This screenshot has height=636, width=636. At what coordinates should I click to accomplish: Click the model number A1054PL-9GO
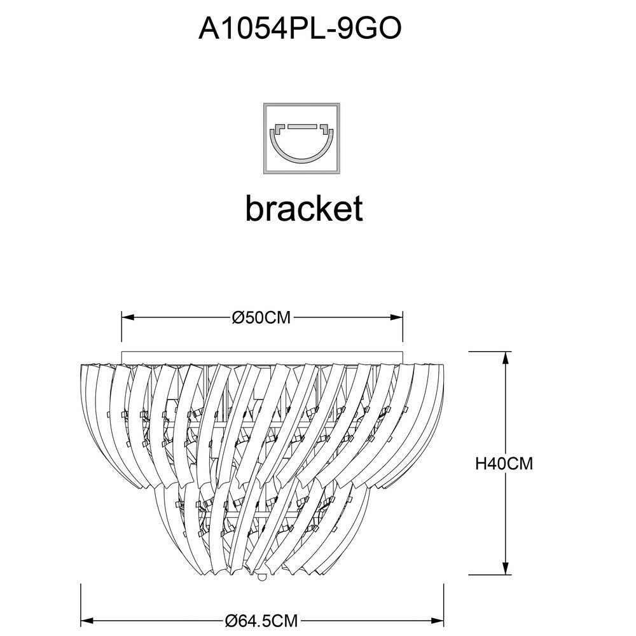point(300,29)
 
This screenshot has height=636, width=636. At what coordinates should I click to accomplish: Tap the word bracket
point(304,208)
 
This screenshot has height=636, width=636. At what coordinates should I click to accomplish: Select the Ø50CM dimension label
point(261,317)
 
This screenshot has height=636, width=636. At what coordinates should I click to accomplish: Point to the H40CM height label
point(504,463)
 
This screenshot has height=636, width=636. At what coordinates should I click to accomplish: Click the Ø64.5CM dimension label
point(261,621)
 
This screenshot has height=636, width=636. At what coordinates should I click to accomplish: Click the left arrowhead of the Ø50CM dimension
point(128,317)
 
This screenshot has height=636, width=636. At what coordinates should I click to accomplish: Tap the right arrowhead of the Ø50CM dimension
point(396,317)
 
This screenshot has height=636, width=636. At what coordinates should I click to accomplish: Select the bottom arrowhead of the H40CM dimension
point(506,568)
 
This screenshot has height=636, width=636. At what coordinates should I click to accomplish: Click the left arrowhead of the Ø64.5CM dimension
point(87,621)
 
